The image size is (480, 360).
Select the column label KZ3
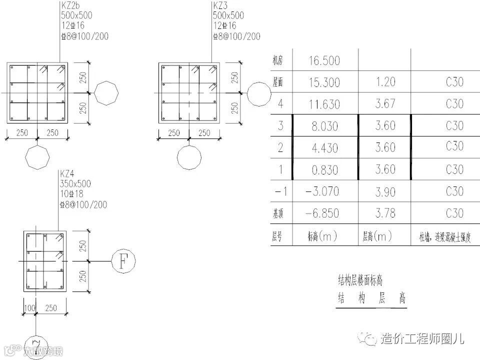tap(219, 6)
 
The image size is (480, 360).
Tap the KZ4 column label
tap(68, 174)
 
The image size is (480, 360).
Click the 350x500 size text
tap(76, 184)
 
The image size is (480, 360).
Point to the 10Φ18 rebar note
tap(73, 194)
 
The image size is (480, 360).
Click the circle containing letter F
tap(122, 261)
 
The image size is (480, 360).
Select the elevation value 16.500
tap(324, 61)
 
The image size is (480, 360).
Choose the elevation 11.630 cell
tap(324, 104)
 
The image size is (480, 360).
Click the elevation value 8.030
tap(324, 126)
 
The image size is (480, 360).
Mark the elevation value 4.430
tap(324, 148)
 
